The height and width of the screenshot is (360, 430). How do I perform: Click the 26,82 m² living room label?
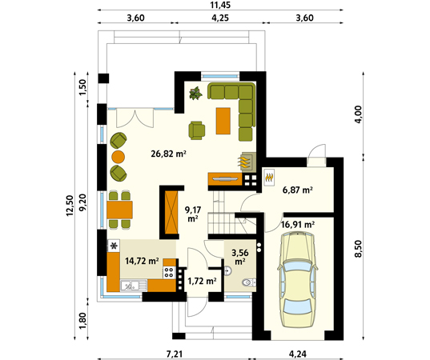click(168, 154)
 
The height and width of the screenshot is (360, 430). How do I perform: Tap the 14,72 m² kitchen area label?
click(142, 261)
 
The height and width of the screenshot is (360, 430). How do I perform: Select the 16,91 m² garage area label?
click(298, 225)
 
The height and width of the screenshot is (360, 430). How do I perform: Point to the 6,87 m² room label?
click(298, 190)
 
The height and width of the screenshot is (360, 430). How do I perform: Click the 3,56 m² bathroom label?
click(240, 257)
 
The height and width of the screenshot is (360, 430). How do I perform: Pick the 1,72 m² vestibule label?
click(202, 281)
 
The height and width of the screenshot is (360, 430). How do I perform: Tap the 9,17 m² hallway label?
click(193, 214)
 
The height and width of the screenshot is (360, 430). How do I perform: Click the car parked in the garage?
click(298, 279)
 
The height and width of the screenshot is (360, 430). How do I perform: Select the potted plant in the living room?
click(196, 93)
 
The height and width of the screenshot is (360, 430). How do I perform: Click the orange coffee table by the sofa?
click(223, 121)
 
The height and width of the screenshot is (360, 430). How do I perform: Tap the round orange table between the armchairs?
click(119, 157)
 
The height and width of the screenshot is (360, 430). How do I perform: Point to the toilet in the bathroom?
click(249, 282)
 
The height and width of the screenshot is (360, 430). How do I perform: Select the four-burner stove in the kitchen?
click(169, 272)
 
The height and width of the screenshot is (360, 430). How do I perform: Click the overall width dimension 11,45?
click(220, 5)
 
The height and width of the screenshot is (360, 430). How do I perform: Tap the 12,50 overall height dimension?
click(70, 206)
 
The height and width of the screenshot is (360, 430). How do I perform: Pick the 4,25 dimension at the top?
click(220, 18)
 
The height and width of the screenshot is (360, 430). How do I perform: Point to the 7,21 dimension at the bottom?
click(174, 354)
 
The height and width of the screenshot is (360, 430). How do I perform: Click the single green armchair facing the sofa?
click(197, 130)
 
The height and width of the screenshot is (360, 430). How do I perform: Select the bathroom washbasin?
click(228, 270)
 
